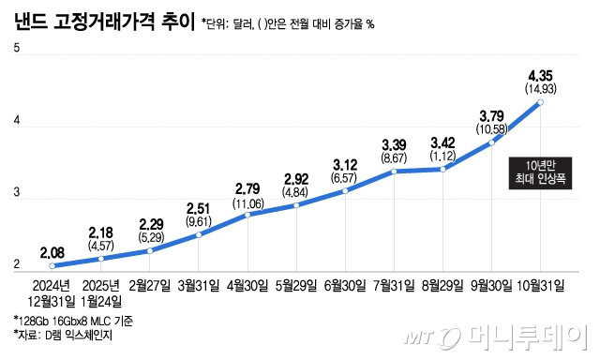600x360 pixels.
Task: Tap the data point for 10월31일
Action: [x=541, y=101]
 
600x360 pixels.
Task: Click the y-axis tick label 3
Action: [x=16, y=192]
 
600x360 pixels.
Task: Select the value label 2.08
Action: [x=52, y=251]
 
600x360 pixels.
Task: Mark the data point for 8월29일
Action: [x=443, y=169]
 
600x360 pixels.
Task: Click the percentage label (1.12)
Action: [x=442, y=157]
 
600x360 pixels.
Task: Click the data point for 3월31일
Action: [x=199, y=234]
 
